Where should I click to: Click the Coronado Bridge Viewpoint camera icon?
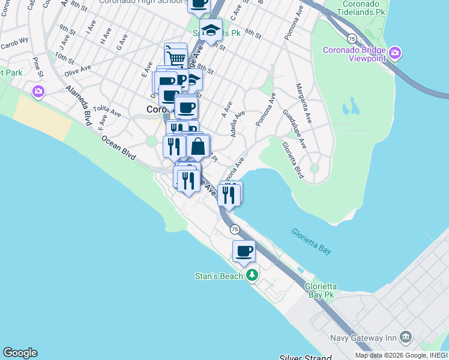[395, 53]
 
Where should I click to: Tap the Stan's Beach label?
[218, 276]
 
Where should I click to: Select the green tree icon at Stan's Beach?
[253, 275]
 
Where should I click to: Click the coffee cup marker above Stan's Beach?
[244, 251]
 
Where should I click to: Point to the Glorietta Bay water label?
[311, 241]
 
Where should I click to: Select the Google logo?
[20, 353]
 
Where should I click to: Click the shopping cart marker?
[175, 56]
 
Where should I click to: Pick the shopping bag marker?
[198, 146]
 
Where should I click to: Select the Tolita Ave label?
[107, 112]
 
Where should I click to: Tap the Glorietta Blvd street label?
[293, 159]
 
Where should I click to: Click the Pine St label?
[38, 67]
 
